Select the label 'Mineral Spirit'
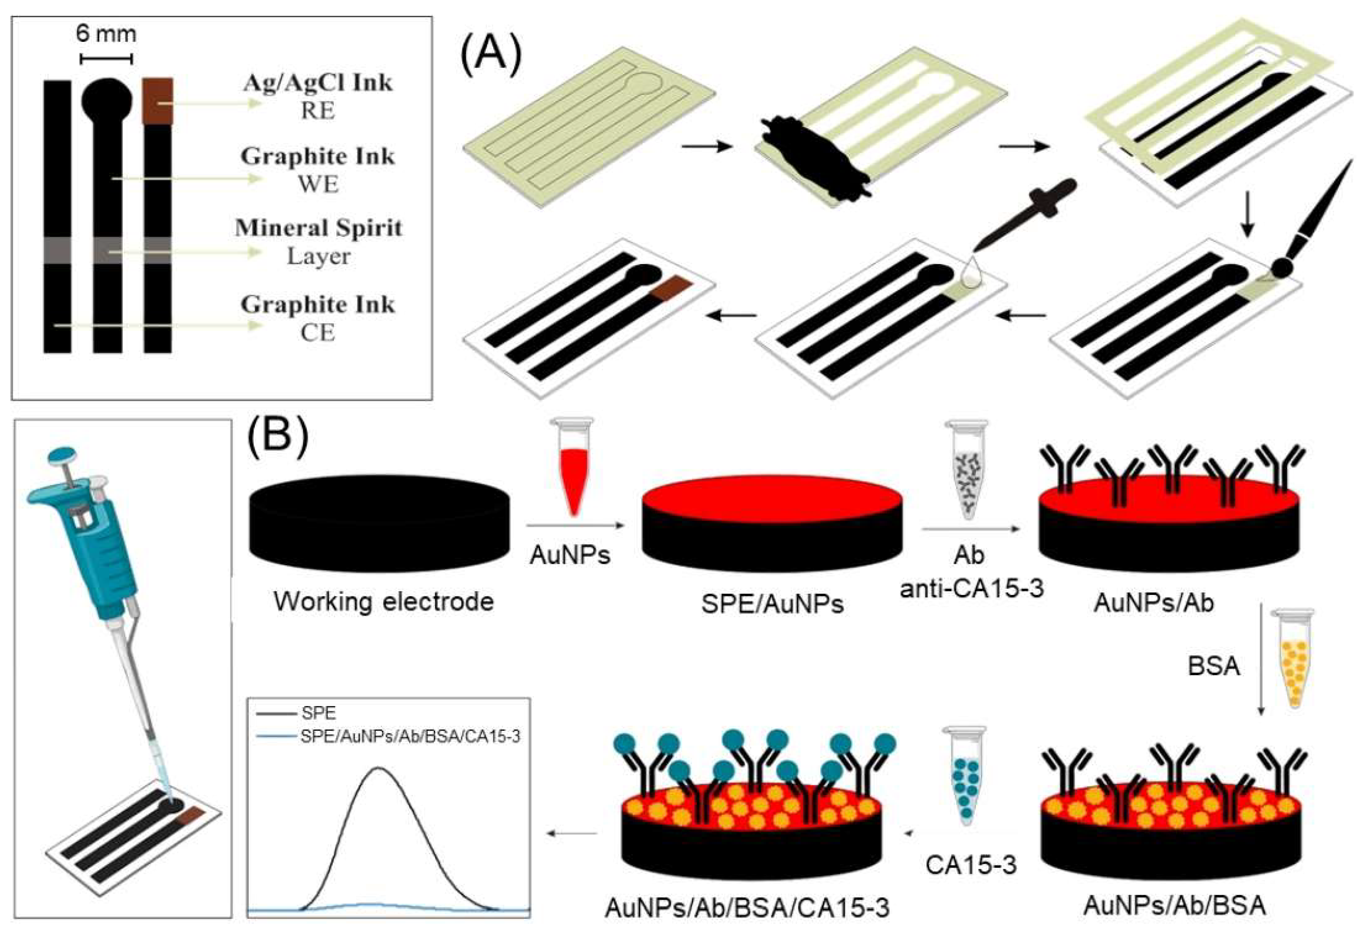point(319,228)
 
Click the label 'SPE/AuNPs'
point(772,604)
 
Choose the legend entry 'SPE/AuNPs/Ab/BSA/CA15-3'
point(410,736)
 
